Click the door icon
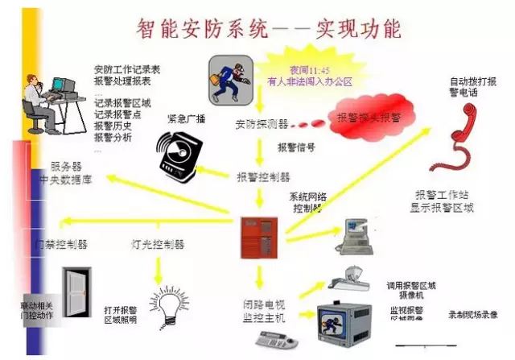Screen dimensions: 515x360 point(77,291)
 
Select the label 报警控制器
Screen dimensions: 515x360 point(263,176)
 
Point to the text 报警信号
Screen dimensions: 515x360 point(295,147)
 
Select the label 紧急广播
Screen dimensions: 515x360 point(186,118)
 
